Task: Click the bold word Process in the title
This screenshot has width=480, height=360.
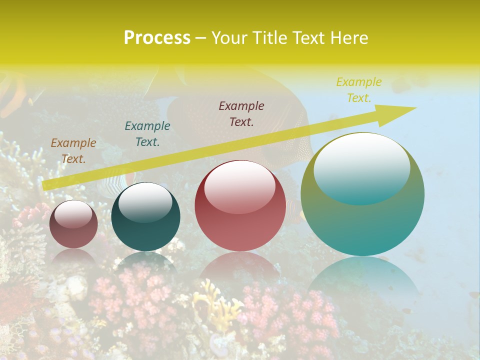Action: [157, 38]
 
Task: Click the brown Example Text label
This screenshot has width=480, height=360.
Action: [73, 150]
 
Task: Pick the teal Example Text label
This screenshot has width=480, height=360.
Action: [147, 133]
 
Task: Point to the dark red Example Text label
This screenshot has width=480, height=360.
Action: [241, 113]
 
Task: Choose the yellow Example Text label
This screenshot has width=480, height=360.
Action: [359, 89]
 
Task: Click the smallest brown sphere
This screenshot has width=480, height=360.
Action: [73, 224]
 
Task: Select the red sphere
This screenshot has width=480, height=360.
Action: [240, 206]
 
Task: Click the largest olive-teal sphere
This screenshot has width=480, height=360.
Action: [362, 194]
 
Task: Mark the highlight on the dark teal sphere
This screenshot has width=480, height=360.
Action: [145, 202]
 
